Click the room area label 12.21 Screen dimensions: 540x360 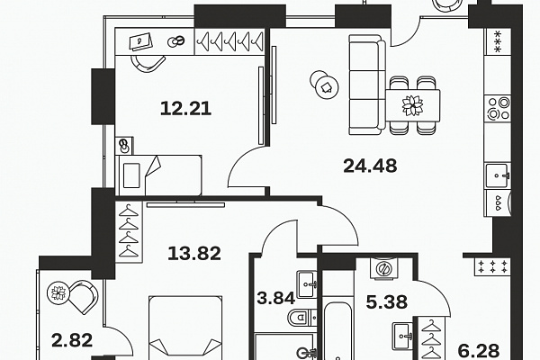pos(185,109)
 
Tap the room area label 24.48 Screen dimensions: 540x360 pos(370,166)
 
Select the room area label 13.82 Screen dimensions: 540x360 pos(194,253)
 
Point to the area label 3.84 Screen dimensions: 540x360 pos(276,298)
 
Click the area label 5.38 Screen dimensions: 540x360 pos(387,301)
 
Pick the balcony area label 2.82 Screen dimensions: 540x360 pos(72,340)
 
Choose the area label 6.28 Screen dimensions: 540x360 pos(479,351)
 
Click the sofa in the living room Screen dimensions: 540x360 pos(367,85)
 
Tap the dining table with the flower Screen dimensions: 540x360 pos(412,105)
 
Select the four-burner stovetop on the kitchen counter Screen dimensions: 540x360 pos(498,108)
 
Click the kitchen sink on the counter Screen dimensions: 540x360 pos(498,175)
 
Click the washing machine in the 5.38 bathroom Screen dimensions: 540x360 pos(383,267)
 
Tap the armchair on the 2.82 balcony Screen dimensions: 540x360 pos(83,296)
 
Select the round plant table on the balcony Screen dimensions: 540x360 pos(58,293)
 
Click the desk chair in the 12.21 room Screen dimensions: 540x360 pos(148,63)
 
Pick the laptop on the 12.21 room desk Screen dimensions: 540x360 pos(140,42)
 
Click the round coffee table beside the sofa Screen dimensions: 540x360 pos(324,85)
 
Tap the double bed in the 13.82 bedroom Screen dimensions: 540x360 pos(185,328)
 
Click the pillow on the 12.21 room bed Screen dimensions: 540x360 pos(131,175)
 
